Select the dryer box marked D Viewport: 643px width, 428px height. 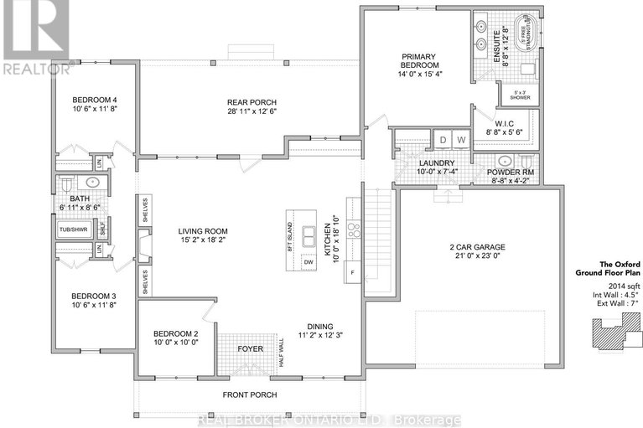(x=443, y=140)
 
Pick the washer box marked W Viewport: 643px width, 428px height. (x=460, y=140)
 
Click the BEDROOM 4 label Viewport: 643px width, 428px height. (x=95, y=101)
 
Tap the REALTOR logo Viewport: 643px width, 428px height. (x=34, y=38)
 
